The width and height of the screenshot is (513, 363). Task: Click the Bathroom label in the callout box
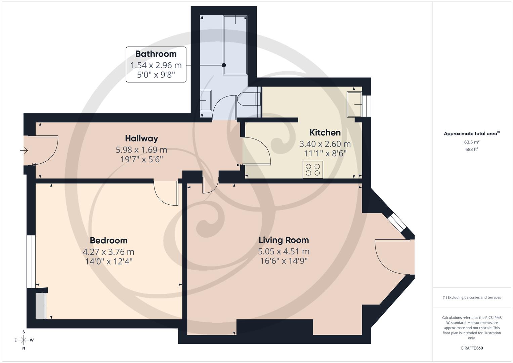(x=156, y=54)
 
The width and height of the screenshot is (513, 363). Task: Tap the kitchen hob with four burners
(x=313, y=169)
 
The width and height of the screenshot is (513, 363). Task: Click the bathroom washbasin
(x=206, y=100)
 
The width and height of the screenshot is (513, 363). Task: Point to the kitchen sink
(x=354, y=105)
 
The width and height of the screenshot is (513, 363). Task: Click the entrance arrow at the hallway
(x=24, y=150)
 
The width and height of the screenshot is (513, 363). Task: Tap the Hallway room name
(x=141, y=138)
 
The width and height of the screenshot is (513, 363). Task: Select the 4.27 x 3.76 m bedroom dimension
(x=109, y=252)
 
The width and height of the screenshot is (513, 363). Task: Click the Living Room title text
(x=284, y=240)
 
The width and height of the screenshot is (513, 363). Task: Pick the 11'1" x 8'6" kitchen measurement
(x=325, y=154)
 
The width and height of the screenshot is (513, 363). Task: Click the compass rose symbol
(x=24, y=340)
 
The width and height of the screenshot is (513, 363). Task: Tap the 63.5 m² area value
(x=471, y=142)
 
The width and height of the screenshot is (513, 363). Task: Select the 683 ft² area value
(x=471, y=149)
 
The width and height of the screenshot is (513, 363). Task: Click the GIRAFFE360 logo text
(x=471, y=348)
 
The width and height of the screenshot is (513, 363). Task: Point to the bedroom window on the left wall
(x=31, y=261)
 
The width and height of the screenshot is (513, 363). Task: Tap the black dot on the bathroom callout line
(x=224, y=65)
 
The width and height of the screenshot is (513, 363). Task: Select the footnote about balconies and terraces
(x=471, y=297)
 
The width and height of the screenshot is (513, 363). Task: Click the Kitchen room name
(x=325, y=132)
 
